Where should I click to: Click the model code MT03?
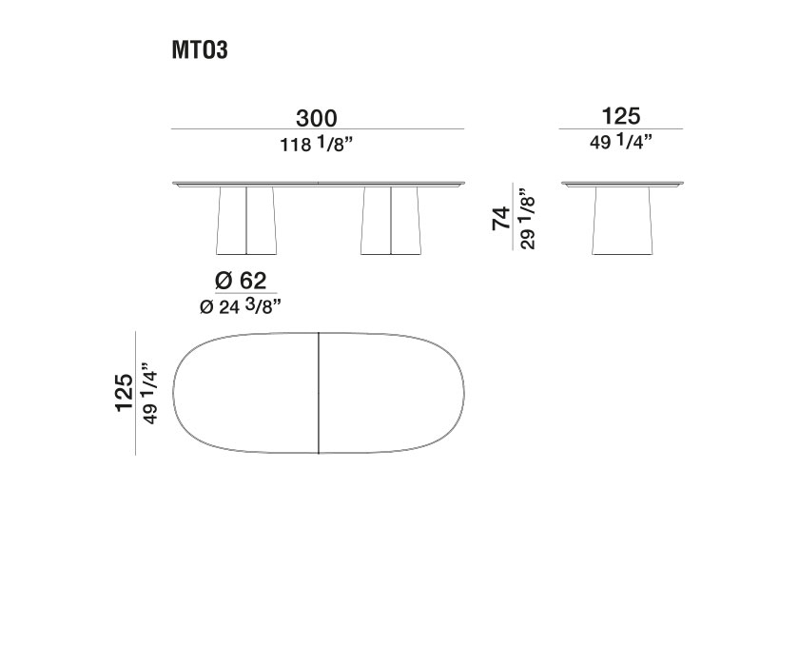(200, 51)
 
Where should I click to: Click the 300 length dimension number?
(316, 118)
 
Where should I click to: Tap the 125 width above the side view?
(621, 117)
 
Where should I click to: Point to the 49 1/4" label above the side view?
(621, 142)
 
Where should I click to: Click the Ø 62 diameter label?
(239, 282)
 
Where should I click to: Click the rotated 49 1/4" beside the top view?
(147, 393)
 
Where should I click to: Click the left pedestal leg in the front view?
(246, 220)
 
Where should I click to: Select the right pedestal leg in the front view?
(391, 220)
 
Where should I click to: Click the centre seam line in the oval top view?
(318, 393)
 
